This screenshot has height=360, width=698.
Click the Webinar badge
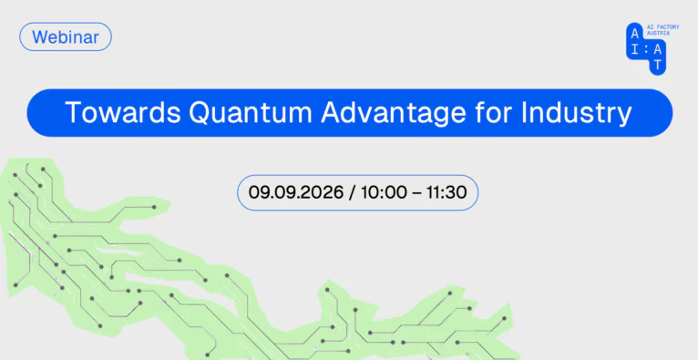(66, 36)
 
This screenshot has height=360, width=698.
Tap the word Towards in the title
(123, 113)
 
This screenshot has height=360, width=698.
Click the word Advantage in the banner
(388, 114)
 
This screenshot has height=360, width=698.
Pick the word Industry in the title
(576, 114)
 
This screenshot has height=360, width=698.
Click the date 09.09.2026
(296, 192)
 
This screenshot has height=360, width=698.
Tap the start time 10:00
(384, 192)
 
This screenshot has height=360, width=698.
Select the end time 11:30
(447, 192)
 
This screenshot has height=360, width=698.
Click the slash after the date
(352, 192)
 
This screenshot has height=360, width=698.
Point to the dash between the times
(416, 193)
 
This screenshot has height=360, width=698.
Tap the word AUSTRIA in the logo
(658, 34)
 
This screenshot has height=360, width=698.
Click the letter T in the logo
(658, 65)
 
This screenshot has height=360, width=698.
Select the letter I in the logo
(634, 50)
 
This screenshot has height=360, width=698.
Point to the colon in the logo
(646, 51)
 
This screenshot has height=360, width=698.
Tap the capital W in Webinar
(39, 37)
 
